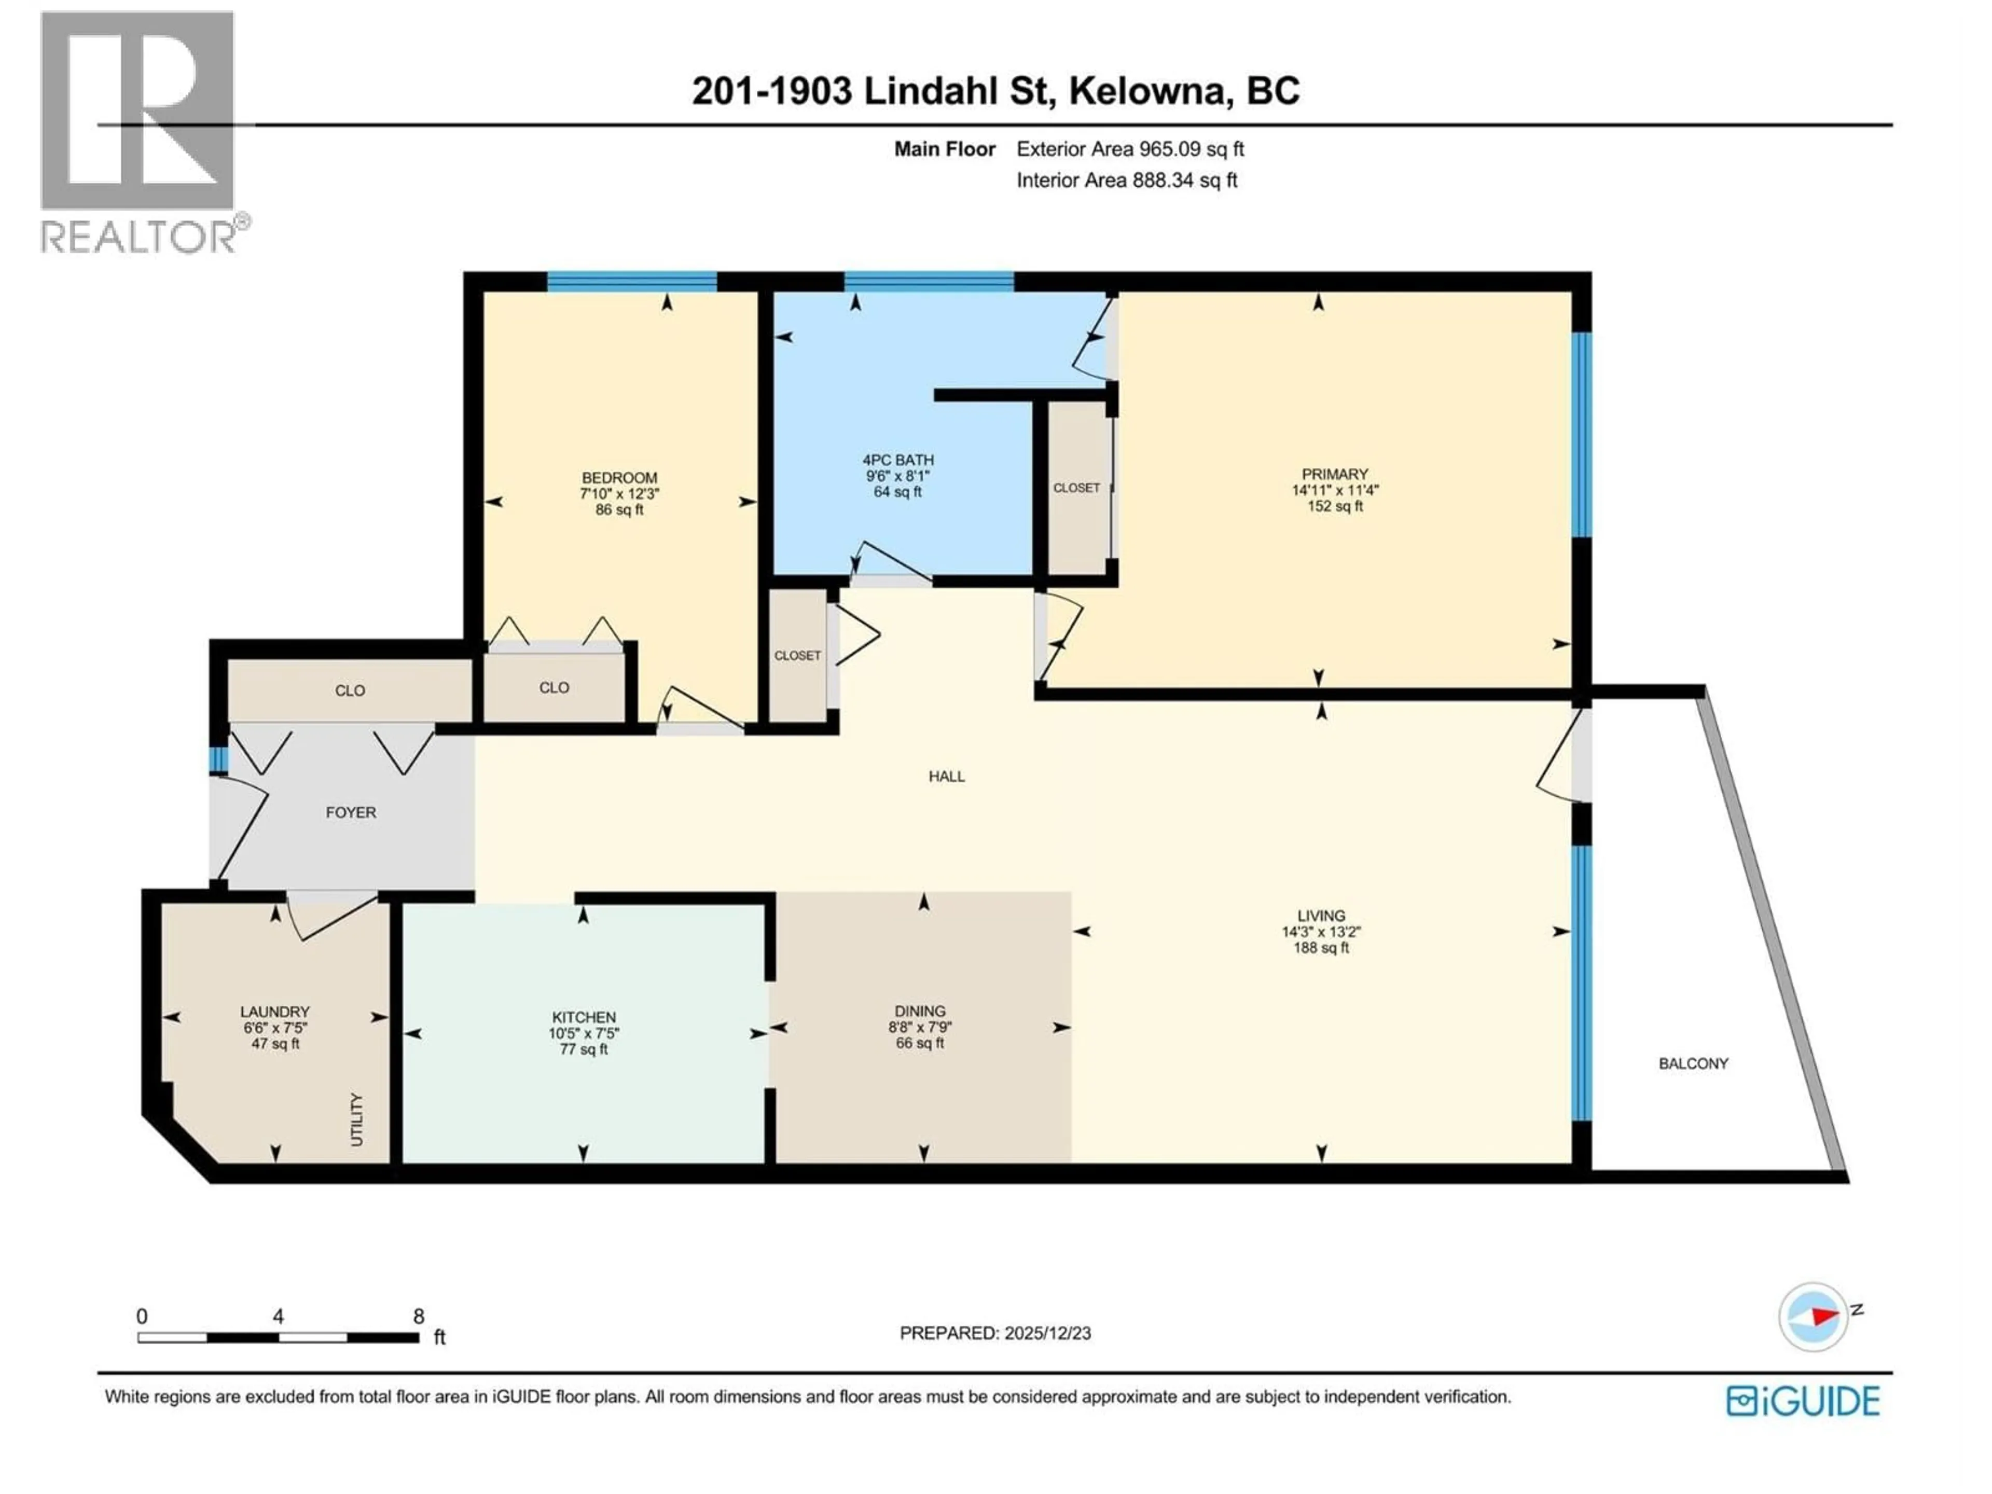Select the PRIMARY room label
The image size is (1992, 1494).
tap(1335, 474)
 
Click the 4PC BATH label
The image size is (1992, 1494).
tap(898, 459)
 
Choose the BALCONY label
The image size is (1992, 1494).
tap(1693, 1063)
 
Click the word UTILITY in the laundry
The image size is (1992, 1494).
tap(356, 1119)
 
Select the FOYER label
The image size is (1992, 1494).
tap(350, 812)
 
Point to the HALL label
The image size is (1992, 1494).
tap(947, 776)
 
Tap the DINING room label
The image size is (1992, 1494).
tap(919, 1012)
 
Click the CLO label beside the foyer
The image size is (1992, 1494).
tap(350, 691)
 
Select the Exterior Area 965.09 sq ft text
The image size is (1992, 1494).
tap(1130, 149)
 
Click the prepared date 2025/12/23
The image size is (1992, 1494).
tap(1045, 1333)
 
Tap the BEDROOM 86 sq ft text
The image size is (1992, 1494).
tap(619, 510)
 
